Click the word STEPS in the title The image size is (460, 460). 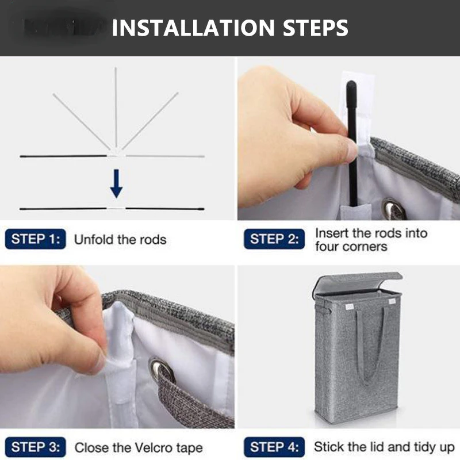point(315,28)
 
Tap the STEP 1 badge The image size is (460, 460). point(36,239)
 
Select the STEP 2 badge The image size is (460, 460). point(274,239)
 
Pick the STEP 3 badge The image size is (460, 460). point(36,447)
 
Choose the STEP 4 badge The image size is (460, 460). point(274,447)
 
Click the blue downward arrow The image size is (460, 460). point(117,183)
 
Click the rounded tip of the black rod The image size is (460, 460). point(351,86)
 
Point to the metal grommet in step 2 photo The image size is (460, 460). point(393,209)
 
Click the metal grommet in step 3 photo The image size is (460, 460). point(162,370)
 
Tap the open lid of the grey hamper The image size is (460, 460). point(358,283)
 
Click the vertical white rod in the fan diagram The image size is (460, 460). point(116,108)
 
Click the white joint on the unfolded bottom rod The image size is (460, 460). point(116,208)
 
